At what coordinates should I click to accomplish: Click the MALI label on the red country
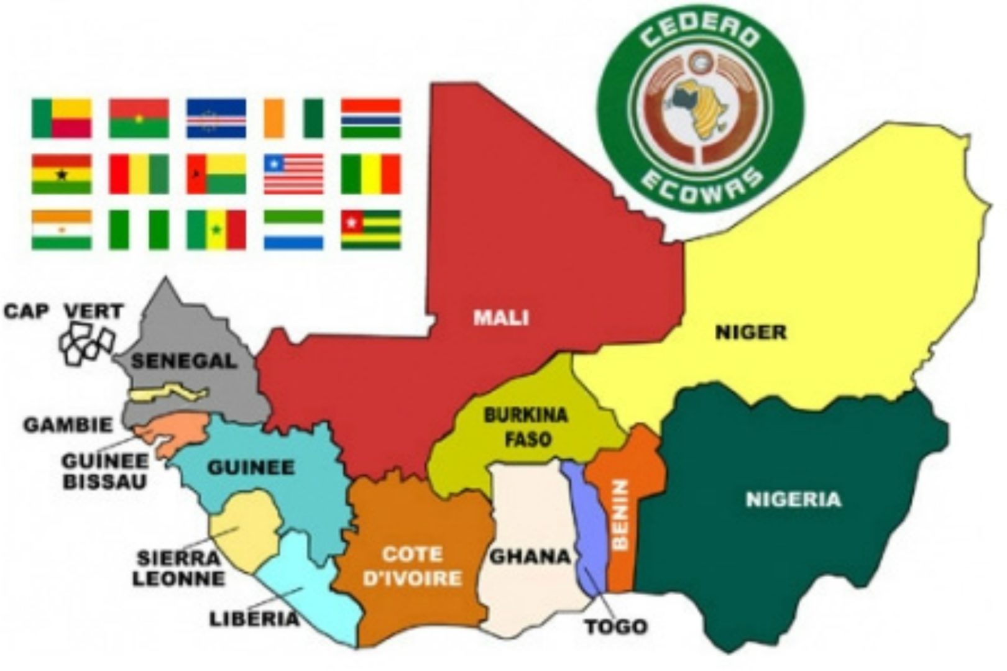point(501,317)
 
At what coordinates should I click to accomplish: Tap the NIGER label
point(751,332)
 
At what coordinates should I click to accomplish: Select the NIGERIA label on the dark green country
point(793,500)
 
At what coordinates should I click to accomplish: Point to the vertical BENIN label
point(621,514)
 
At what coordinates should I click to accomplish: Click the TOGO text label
point(615,626)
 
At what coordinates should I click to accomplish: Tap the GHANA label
point(530,556)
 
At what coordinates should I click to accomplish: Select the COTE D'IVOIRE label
point(412,566)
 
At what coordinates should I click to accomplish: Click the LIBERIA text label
point(254,619)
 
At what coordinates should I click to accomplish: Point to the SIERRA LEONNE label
point(178,568)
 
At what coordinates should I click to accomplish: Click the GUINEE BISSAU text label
point(104,471)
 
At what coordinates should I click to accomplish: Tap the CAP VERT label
point(64,311)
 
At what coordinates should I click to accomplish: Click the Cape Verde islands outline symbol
point(87,344)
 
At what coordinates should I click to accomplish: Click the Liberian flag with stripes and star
point(293,174)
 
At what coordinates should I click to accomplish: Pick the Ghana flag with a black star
point(62,174)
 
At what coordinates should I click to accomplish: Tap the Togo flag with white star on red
point(370,230)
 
